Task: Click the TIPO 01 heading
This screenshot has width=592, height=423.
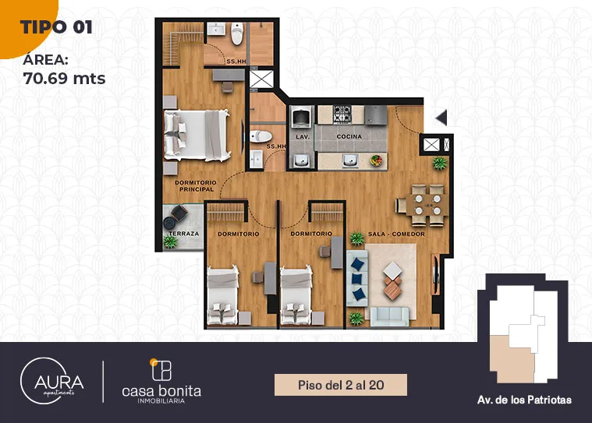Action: (x=56, y=27)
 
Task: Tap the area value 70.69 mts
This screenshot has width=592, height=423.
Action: (x=64, y=79)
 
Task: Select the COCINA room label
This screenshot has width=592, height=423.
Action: (x=349, y=136)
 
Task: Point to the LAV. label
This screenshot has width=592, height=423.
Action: (x=303, y=137)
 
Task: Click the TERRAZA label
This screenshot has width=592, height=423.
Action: (x=184, y=234)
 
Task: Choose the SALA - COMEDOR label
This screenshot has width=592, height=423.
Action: (x=396, y=234)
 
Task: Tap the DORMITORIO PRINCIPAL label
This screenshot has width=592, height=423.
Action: (x=196, y=186)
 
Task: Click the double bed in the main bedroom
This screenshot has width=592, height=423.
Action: (x=197, y=136)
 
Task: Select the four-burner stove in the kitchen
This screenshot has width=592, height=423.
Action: (x=342, y=115)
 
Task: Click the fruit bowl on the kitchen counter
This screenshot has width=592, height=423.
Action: (x=376, y=160)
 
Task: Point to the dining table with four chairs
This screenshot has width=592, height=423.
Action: (x=423, y=205)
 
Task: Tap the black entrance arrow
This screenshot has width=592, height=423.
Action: (x=441, y=118)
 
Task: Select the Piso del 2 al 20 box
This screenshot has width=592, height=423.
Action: (x=341, y=385)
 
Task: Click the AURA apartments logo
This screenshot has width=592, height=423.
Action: (x=51, y=381)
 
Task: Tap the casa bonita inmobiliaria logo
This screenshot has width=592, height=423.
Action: (x=161, y=382)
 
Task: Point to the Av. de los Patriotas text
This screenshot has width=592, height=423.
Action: (x=524, y=400)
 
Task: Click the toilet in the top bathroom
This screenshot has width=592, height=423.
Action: (x=237, y=33)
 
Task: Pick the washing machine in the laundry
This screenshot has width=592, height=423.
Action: (x=301, y=116)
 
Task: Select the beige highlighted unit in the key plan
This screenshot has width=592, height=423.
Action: (x=512, y=359)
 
